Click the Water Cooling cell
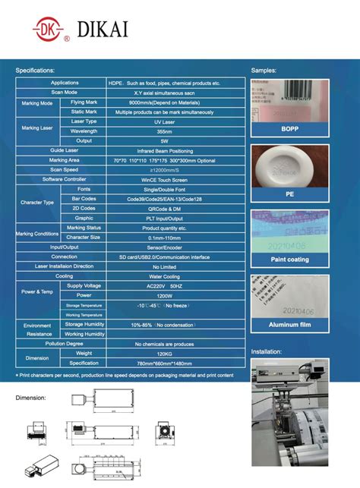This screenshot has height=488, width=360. [x=165, y=276]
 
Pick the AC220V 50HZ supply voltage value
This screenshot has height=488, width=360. [x=165, y=285]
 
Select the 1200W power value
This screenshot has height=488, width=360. [x=165, y=295]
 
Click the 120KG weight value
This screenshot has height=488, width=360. [x=165, y=354]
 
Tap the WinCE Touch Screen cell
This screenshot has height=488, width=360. [x=165, y=179]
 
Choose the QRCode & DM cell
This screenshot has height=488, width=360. [x=165, y=208]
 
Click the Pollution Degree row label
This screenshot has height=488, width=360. [x=65, y=344]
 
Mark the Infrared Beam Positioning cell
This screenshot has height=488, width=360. [x=165, y=150]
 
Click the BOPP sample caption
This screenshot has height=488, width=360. [x=289, y=130]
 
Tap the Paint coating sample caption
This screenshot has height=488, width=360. [x=289, y=260]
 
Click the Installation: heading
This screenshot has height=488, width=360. [x=266, y=352]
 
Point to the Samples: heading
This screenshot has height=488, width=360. [x=264, y=70]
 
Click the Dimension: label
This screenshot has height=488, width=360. [x=30, y=397]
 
